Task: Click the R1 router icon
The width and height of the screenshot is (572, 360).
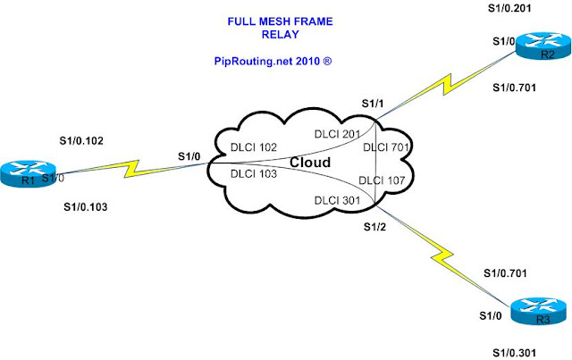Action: pyautogui.click(x=29, y=174)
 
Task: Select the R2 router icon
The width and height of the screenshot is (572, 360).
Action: pyautogui.click(x=543, y=46)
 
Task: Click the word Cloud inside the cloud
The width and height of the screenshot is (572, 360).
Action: pyautogui.click(x=310, y=163)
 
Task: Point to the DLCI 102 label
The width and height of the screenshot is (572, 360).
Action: pyautogui.click(x=254, y=147)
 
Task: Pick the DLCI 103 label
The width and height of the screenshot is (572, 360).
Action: pyautogui.click(x=254, y=174)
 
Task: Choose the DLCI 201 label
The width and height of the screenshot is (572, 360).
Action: pyautogui.click(x=338, y=134)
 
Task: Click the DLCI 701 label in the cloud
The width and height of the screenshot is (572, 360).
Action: pyautogui.click(x=386, y=147)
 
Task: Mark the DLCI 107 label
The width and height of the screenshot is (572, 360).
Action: pyautogui.click(x=382, y=180)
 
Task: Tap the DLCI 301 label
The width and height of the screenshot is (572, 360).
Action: pyautogui.click(x=338, y=200)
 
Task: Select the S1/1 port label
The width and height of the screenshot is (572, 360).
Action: pyautogui.click(x=373, y=104)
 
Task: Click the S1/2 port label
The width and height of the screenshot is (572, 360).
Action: pyautogui.click(x=374, y=227)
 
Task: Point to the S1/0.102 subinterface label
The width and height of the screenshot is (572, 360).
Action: pyautogui.click(x=81, y=141)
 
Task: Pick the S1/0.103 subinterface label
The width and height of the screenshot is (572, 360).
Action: pyautogui.click(x=86, y=207)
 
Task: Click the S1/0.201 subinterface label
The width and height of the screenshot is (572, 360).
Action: pyautogui.click(x=509, y=8)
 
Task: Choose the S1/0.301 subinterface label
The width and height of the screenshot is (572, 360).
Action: pyautogui.click(x=515, y=353)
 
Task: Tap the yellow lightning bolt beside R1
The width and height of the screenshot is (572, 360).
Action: pyautogui.click(x=132, y=169)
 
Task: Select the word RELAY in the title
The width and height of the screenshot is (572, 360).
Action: pyautogui.click(x=280, y=35)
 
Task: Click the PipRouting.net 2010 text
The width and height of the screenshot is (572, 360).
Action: pyautogui.click(x=273, y=61)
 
